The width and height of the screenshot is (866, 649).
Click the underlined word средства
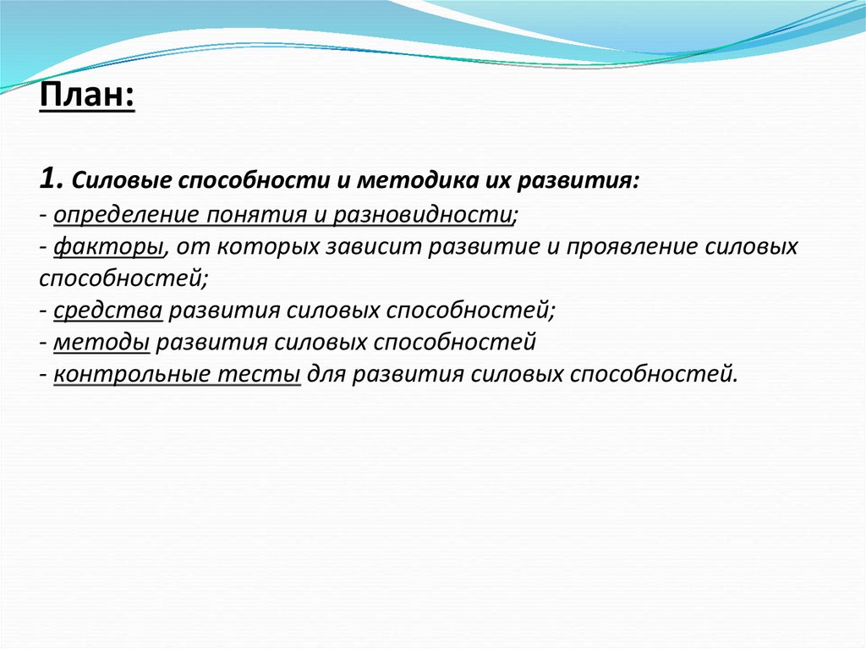(x=107, y=311)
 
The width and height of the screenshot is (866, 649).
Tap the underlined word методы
(x=101, y=343)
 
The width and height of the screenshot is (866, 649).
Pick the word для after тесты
(x=327, y=375)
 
